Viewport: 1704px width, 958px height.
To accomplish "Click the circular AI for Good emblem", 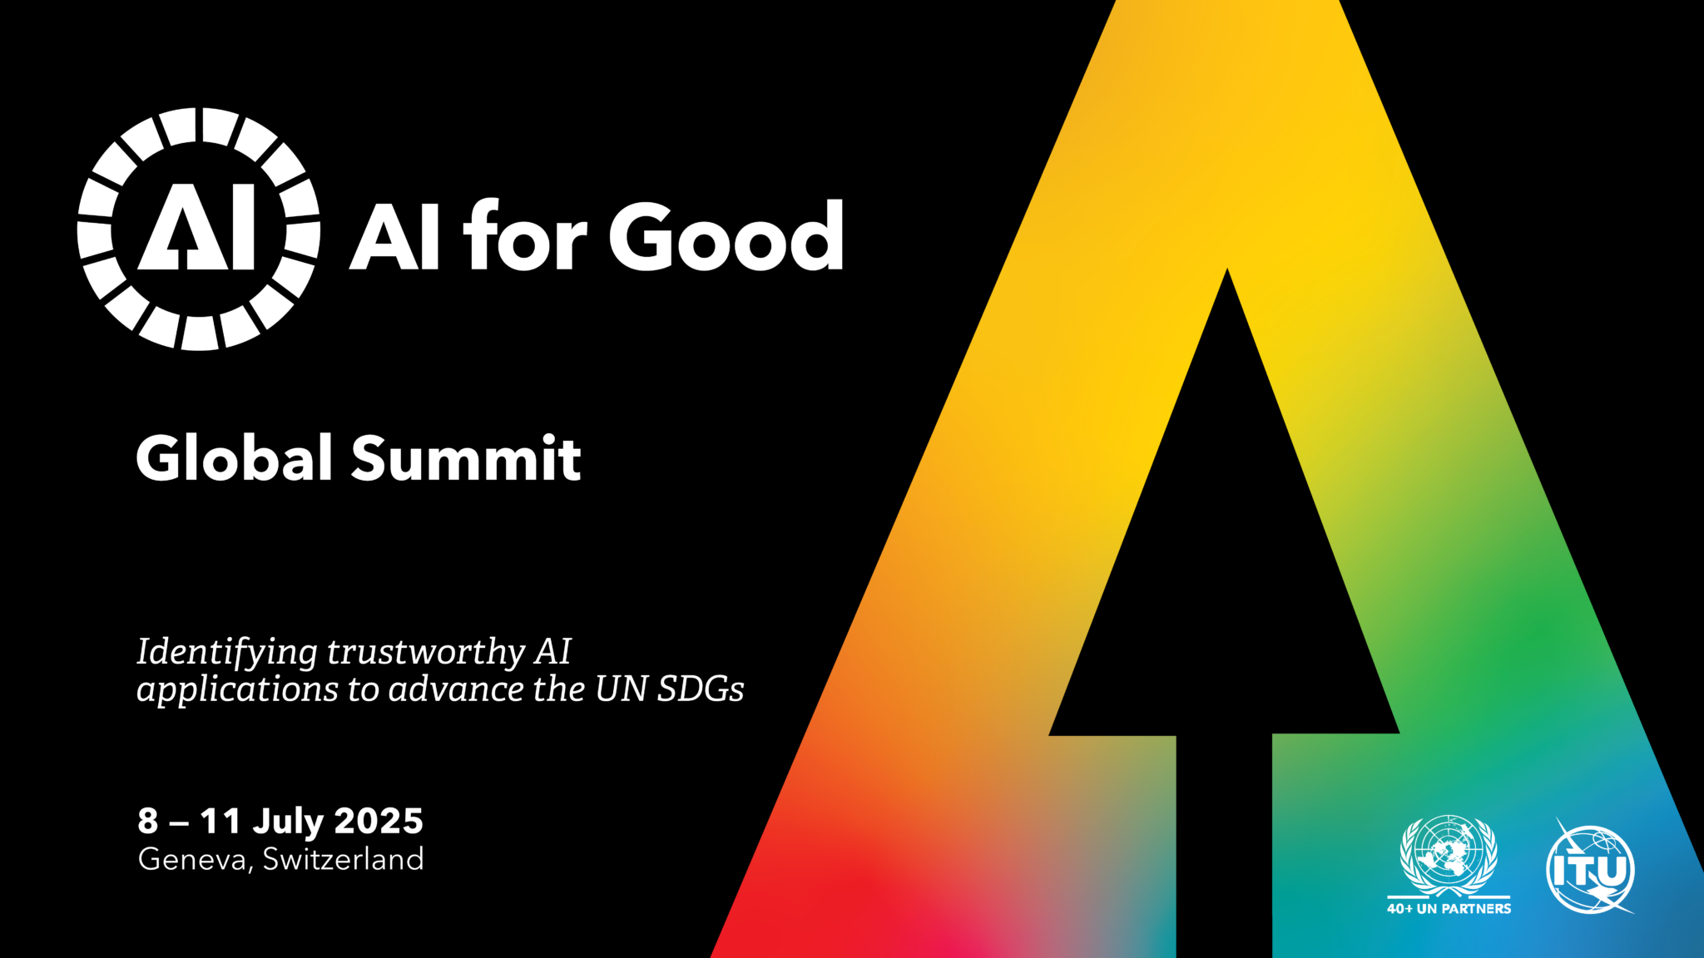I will coord(198,229).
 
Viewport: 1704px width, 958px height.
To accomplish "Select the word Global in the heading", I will coord(235,458).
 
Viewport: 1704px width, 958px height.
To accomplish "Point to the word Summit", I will coord(466,458).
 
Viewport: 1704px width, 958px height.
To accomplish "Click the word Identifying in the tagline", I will coord(226,652).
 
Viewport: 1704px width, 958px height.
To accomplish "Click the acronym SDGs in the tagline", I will coord(701,689).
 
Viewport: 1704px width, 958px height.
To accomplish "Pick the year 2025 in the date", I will coord(379,822).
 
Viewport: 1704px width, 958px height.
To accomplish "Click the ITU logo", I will coord(1590,869).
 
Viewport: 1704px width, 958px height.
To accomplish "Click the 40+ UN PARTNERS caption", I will coord(1449,909).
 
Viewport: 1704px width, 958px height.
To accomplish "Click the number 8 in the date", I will coord(147,822).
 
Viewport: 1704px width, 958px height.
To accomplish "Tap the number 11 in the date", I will coord(220,822).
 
